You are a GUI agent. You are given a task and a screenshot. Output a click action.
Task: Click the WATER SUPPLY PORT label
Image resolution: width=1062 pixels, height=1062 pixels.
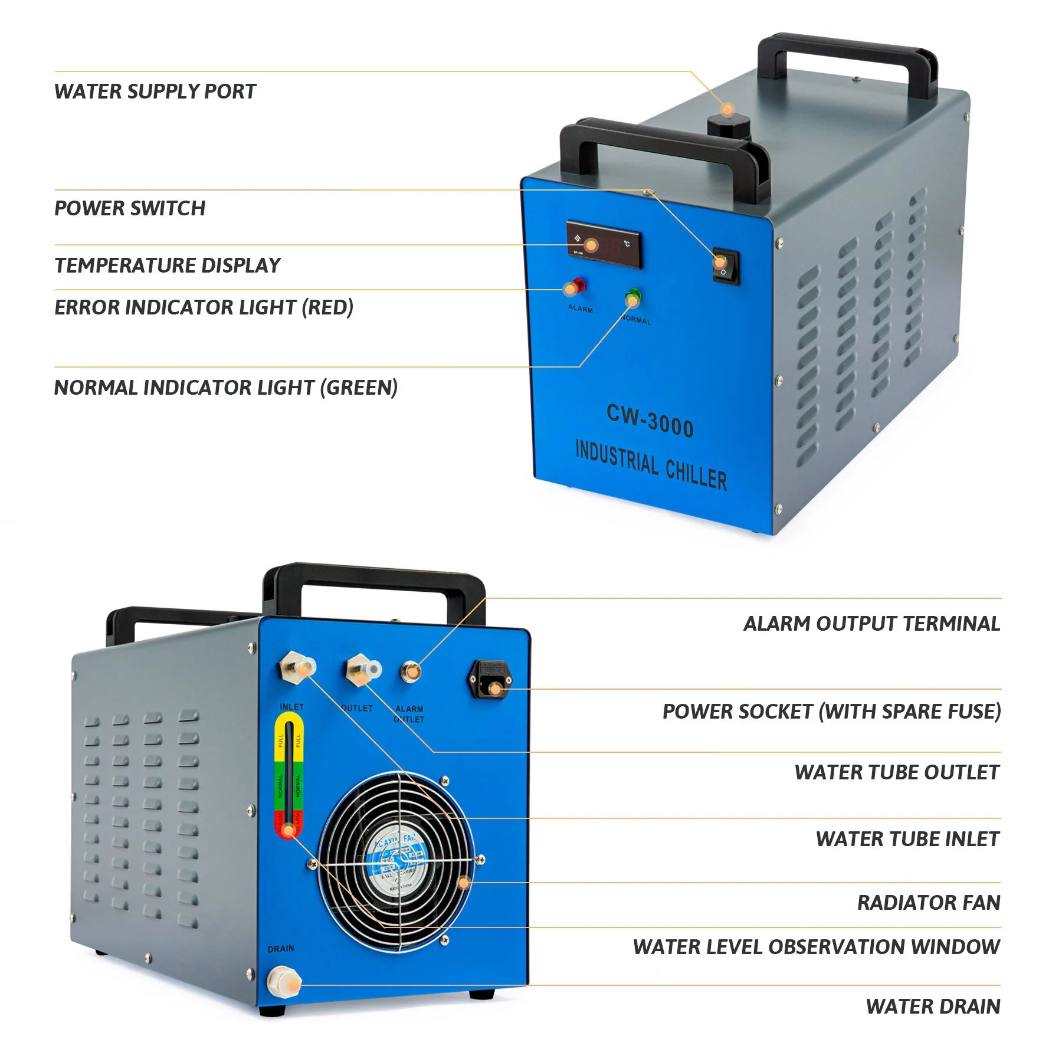[x=155, y=91]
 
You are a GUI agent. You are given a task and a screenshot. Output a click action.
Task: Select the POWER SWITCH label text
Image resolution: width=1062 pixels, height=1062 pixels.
[x=130, y=208]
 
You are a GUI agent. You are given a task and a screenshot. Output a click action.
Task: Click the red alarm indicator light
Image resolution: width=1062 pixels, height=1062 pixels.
[x=576, y=286]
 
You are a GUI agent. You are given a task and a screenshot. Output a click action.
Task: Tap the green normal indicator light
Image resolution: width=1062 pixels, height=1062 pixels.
[x=634, y=297]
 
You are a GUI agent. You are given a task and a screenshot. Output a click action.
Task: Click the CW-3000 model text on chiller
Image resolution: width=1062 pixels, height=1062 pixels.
[x=650, y=420]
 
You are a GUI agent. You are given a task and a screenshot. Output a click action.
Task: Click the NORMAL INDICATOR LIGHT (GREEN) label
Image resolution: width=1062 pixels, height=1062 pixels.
[x=226, y=388]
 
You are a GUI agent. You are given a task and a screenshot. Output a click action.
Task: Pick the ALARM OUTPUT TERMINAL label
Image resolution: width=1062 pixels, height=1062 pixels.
[x=871, y=624]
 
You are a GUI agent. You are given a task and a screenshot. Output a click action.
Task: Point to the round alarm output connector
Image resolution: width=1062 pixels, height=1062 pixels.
[x=411, y=671]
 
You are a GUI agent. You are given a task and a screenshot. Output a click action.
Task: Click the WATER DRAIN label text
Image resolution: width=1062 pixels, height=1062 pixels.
[x=933, y=1007]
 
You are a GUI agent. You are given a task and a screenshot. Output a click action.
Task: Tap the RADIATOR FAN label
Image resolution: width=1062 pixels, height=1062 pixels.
[x=929, y=903]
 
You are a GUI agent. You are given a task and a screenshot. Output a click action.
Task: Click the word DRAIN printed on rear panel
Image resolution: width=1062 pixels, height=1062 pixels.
[x=280, y=949]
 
